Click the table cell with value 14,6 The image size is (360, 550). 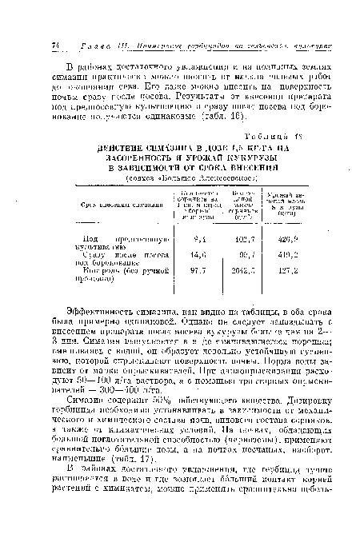(190, 255)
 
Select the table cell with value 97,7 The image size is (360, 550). (190, 271)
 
